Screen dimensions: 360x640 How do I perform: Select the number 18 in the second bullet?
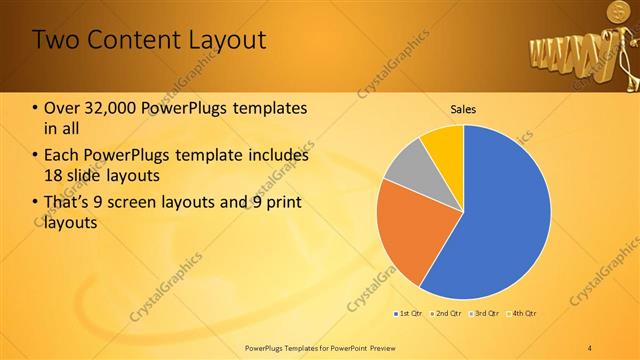click(x=56, y=176)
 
